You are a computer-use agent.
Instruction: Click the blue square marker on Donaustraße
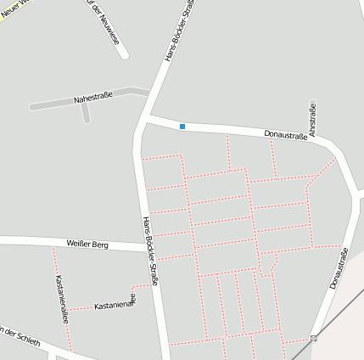coord(182,127)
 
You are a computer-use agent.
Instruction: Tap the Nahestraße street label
coord(94,98)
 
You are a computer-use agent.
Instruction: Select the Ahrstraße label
coord(313,120)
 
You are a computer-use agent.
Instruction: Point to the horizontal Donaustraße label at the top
coord(285,134)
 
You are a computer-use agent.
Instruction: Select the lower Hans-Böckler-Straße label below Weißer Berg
coord(150,250)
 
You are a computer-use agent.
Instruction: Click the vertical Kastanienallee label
coord(60,299)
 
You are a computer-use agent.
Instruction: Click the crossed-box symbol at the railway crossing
coord(314,338)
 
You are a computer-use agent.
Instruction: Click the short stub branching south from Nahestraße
coord(87,113)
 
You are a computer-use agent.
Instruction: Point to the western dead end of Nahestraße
coord(31,107)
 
